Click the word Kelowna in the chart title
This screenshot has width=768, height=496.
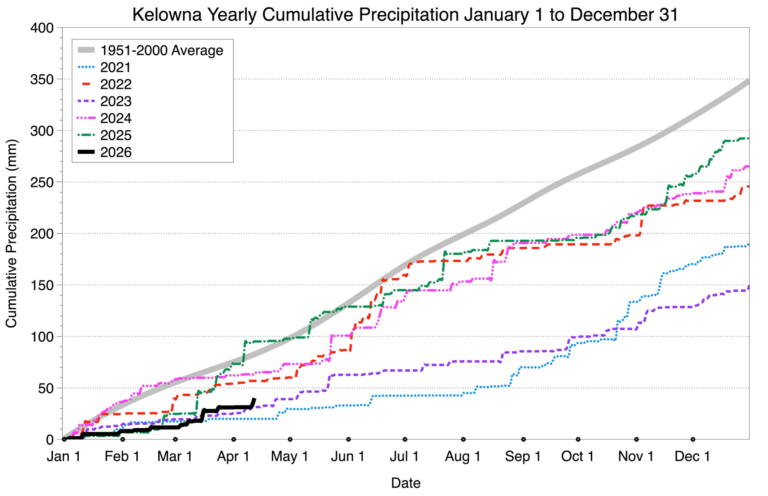167,15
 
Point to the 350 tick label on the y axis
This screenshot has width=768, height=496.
42,80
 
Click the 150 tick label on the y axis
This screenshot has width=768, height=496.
42,285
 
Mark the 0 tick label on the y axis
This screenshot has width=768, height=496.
50,440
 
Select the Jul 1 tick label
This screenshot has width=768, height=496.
404,457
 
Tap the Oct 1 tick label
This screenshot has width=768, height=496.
577,457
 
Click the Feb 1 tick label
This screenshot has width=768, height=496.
122,457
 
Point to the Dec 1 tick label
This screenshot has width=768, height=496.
692,457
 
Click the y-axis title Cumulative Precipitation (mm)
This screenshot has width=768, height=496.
11,233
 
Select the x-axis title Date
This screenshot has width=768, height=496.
405,483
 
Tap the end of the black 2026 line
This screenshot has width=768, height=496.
254,399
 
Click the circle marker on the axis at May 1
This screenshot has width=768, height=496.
290,439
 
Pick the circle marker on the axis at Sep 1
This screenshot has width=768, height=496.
523,439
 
